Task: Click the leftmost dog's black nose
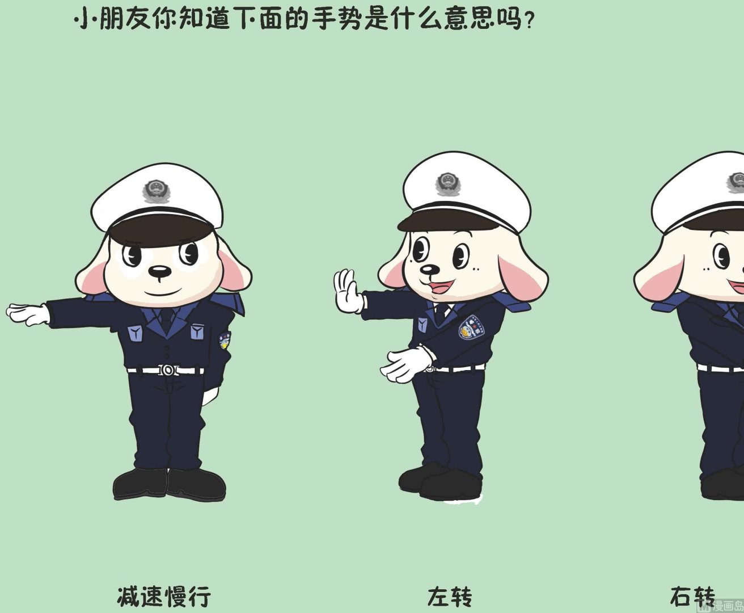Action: point(159,271)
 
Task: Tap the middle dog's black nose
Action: point(430,270)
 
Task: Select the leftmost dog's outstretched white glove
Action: point(28,314)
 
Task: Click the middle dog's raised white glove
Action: point(349,291)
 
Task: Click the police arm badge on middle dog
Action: point(472,328)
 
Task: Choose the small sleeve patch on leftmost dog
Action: point(225,340)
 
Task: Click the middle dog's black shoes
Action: point(440,481)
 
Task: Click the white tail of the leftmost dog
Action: point(210,396)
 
